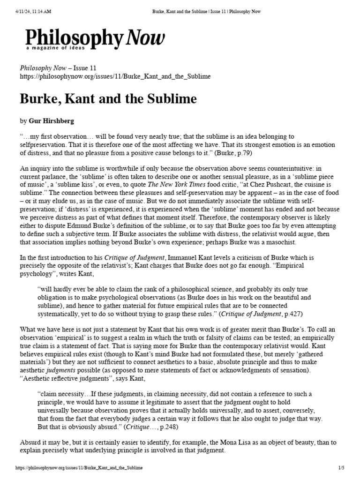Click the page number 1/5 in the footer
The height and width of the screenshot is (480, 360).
[x=341, y=468]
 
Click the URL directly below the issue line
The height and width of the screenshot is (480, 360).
[x=115, y=76]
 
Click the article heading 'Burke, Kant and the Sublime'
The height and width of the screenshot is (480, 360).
[x=108, y=99]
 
